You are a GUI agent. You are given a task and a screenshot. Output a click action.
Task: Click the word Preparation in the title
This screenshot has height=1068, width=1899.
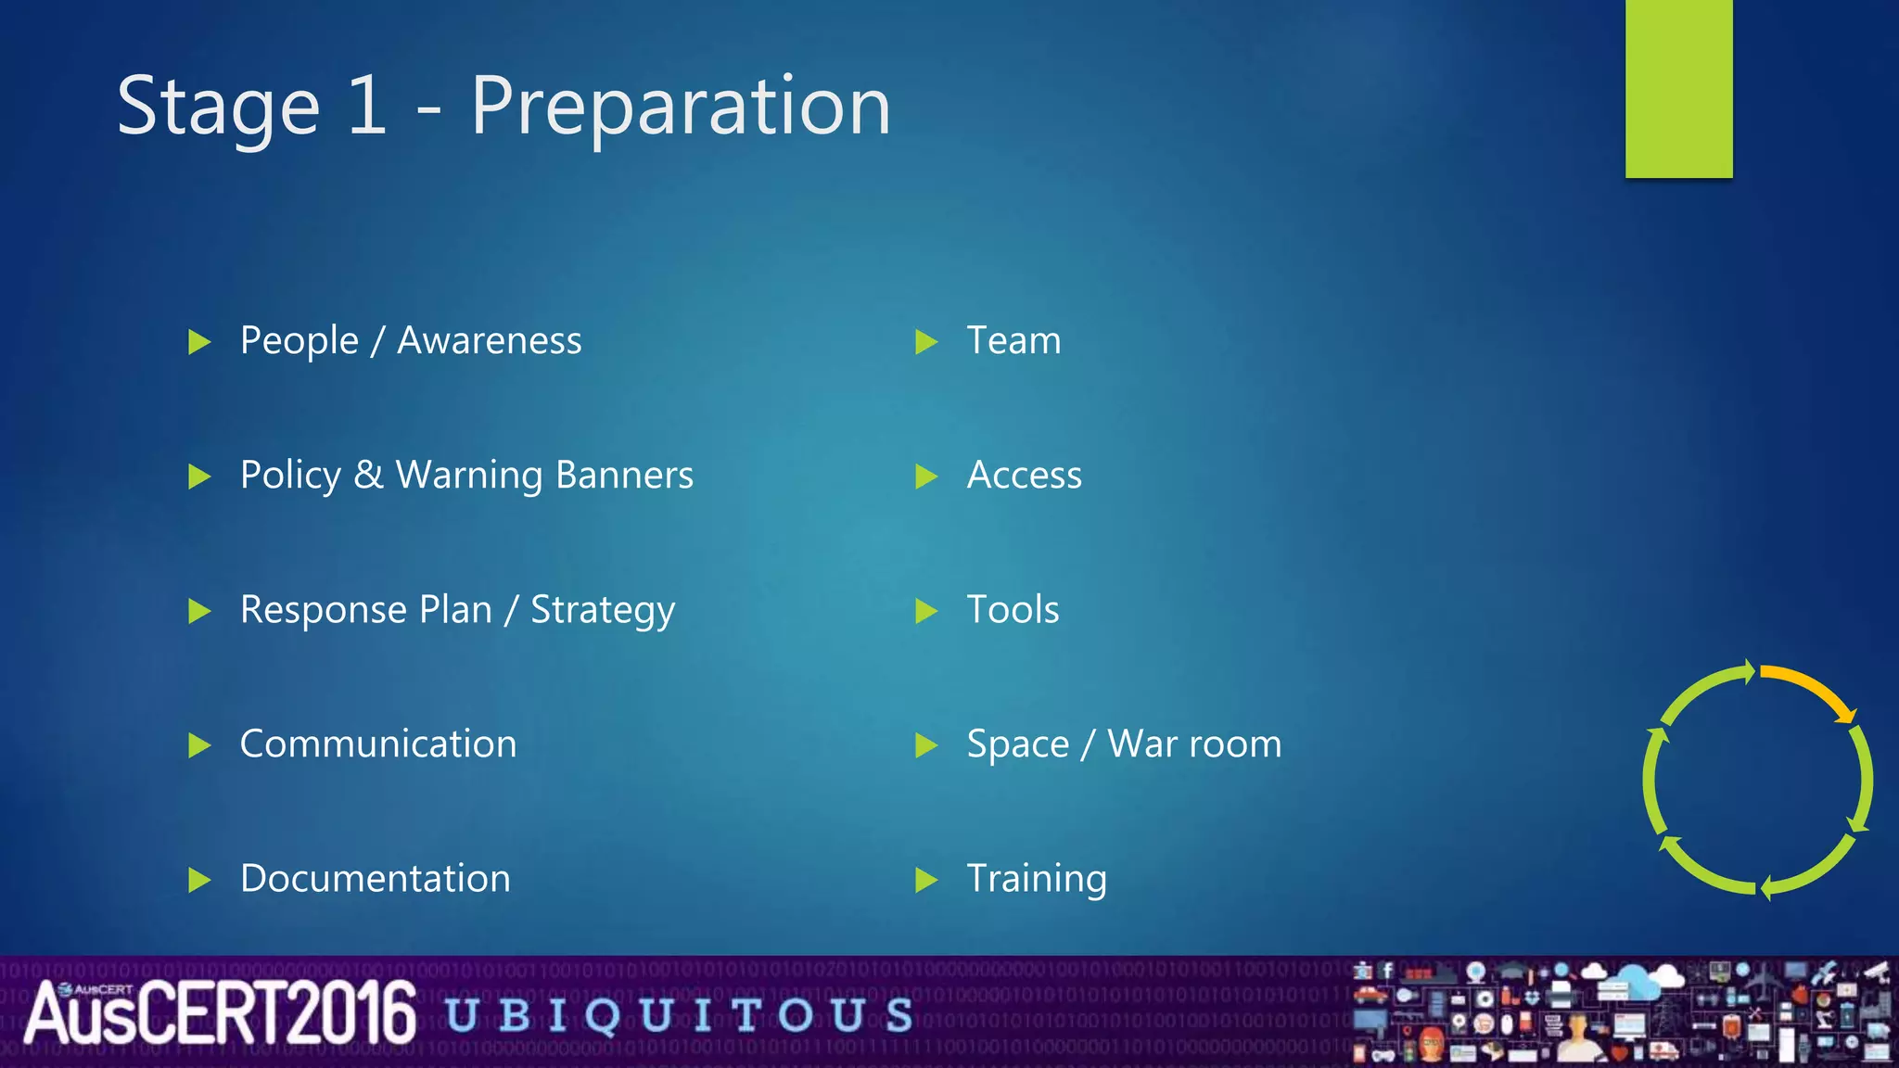pos(680,107)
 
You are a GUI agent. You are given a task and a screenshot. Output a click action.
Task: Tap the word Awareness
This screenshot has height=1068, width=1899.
pos(489,341)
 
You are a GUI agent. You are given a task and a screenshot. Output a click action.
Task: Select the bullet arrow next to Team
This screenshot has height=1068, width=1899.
pos(925,342)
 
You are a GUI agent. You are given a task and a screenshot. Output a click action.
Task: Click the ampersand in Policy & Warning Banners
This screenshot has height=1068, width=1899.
pos(368,475)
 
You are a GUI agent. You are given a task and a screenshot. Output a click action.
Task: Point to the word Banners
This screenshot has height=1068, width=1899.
pos(624,475)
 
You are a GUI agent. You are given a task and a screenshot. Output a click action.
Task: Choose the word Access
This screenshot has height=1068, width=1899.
pos(1024,476)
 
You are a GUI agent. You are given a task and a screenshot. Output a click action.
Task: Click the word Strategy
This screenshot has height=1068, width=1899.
pos(602,611)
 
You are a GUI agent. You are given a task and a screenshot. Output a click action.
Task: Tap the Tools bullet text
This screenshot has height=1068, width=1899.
pos(1013,610)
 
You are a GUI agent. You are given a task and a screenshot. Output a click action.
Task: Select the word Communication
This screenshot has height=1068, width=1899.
pos(377,744)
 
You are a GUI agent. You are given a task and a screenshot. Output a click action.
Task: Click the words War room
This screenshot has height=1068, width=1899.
pos(1194,744)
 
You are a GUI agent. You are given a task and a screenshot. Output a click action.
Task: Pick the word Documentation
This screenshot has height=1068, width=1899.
pos(375,879)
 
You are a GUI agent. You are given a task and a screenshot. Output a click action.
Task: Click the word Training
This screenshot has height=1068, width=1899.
pos(1036,880)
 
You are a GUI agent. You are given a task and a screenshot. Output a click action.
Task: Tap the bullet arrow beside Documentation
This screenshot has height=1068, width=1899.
pos(198,880)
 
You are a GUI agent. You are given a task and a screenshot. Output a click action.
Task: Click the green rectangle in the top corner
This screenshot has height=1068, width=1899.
pos(1678,88)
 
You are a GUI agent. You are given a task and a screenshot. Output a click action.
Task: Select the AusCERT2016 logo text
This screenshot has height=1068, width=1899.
pos(220,1013)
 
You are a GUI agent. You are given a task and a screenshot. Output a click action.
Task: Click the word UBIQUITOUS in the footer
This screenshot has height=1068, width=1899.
pos(680,1015)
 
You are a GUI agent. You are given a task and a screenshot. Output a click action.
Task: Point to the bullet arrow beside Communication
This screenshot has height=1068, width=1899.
pos(198,745)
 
